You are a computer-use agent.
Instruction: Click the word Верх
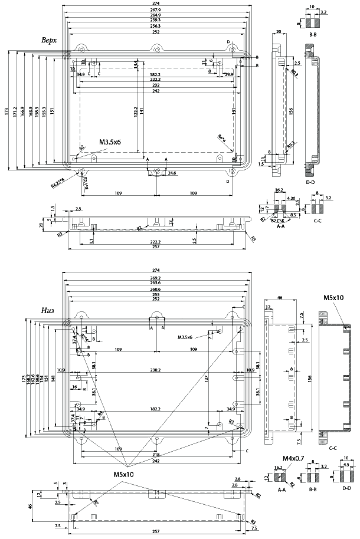tap(50, 40)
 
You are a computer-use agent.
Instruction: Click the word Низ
tap(49, 310)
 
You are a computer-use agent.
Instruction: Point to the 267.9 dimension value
tap(156, 10)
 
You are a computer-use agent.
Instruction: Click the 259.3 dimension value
tap(156, 21)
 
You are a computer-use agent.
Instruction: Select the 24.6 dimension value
tap(172, 174)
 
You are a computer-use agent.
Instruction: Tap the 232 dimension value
tap(156, 86)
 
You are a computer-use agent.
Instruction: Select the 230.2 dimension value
tap(156, 370)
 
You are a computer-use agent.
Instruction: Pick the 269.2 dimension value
tap(156, 278)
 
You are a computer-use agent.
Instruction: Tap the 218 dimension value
tap(156, 455)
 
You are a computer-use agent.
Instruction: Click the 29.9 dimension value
tap(228, 74)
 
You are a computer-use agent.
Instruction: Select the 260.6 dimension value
tap(156, 289)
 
